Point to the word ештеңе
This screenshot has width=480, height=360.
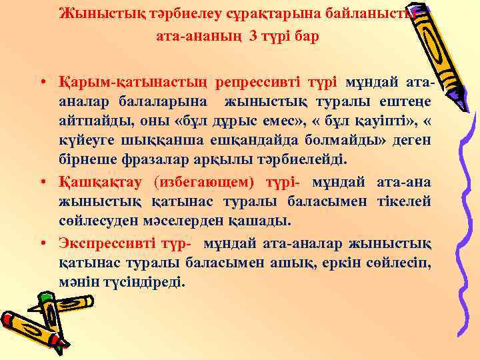[409, 101]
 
